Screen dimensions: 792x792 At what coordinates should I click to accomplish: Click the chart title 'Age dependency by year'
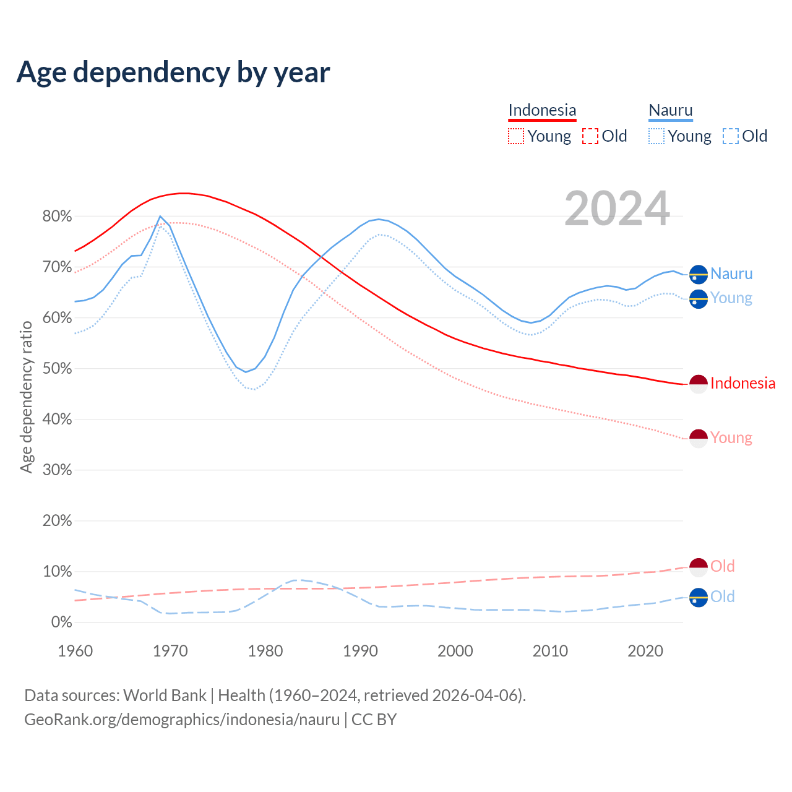point(173,72)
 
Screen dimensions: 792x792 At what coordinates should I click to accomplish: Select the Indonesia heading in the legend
point(542,110)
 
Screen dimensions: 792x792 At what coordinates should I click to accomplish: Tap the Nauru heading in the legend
point(671,110)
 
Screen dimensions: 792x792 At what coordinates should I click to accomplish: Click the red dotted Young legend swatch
point(515,136)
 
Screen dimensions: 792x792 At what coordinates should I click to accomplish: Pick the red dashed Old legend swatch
point(590,136)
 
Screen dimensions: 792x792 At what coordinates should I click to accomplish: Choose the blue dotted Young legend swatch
point(656,136)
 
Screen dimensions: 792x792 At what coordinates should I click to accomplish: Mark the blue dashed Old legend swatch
point(731,136)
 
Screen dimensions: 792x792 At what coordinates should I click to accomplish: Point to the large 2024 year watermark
point(617,209)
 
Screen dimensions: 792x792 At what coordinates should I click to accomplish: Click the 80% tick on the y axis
point(57,217)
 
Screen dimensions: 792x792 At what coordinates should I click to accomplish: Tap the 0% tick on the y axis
point(61,622)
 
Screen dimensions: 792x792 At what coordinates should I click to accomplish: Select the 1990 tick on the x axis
point(361,651)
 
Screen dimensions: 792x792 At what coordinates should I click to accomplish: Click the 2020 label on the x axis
point(645,651)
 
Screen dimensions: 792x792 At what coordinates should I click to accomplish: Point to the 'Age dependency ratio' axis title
point(27,397)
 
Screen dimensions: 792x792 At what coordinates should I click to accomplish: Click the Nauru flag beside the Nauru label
point(699,273)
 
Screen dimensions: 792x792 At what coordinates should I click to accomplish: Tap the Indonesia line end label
point(742,384)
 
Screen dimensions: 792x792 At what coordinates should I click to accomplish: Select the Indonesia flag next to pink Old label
point(699,567)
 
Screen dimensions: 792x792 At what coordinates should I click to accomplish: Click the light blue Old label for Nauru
point(722,596)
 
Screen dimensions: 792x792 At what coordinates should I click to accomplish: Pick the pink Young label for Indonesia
point(731,438)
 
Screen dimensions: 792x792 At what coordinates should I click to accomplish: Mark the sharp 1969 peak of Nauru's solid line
point(160,217)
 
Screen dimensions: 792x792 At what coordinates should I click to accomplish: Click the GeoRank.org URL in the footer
point(182,720)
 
